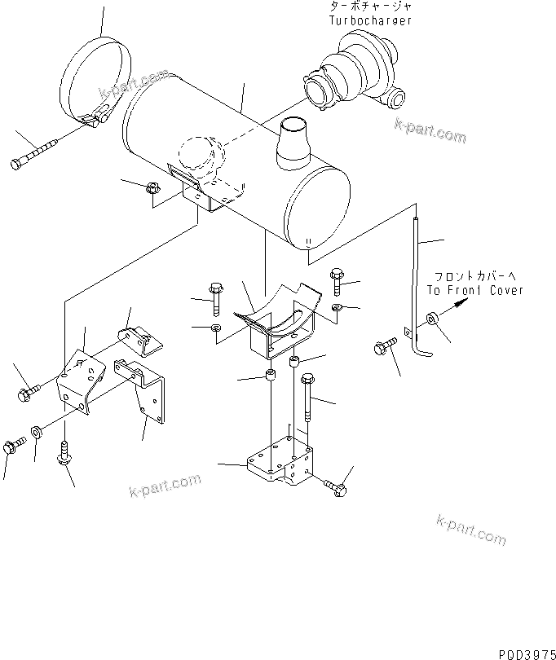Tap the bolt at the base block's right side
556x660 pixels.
[x=336, y=486]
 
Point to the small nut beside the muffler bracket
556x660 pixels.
[x=152, y=189]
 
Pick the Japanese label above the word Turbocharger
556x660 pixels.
[x=366, y=7]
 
